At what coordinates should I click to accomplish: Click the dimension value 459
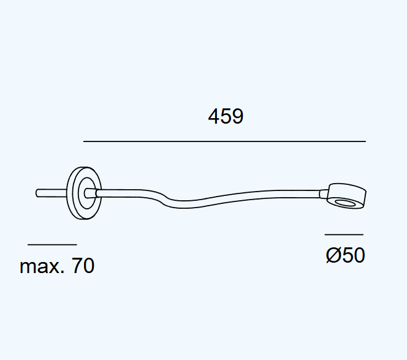click(226, 116)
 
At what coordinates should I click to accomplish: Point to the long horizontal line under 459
click(224, 141)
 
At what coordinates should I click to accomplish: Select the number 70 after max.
click(83, 266)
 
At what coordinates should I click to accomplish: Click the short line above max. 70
click(52, 244)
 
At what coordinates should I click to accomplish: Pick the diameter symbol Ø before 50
click(333, 255)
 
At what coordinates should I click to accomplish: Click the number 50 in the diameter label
click(353, 255)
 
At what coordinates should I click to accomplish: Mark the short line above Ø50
click(344, 234)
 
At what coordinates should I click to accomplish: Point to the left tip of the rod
click(37, 193)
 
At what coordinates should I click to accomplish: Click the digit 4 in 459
click(214, 116)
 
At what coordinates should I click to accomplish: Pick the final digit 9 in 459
click(238, 116)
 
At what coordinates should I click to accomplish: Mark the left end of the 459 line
click(84, 141)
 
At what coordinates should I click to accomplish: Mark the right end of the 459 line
click(365, 141)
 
